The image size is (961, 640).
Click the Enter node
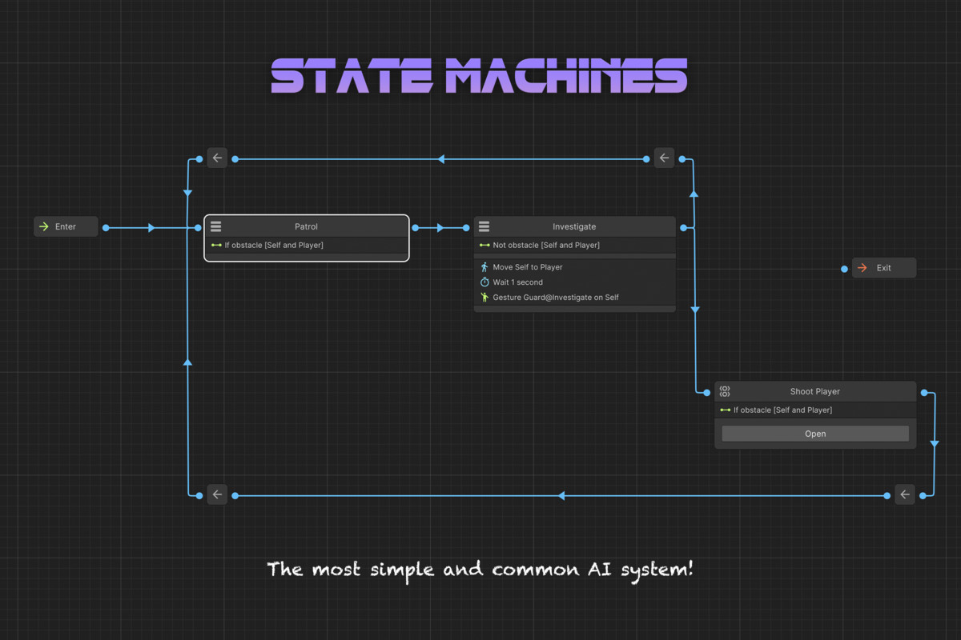click(66, 226)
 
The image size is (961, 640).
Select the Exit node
click(883, 268)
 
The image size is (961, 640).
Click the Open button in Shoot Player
click(815, 434)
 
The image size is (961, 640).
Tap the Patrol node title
click(306, 226)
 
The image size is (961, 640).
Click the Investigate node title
click(574, 226)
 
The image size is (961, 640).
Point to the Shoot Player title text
click(814, 391)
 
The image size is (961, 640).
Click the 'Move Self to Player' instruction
click(528, 267)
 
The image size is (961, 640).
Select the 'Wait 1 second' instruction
click(517, 282)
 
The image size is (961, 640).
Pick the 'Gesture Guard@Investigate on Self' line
click(555, 298)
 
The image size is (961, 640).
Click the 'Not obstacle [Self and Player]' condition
click(546, 246)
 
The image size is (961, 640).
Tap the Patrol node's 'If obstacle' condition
click(274, 246)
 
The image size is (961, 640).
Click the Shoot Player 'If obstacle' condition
click(782, 410)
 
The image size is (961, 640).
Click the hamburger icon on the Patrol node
click(216, 227)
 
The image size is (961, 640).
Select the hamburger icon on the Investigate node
click(484, 227)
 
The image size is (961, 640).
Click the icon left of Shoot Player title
click(725, 391)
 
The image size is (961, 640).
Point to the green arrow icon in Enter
click(44, 226)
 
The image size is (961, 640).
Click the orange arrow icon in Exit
click(862, 268)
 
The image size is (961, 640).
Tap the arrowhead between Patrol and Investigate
click(440, 228)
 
